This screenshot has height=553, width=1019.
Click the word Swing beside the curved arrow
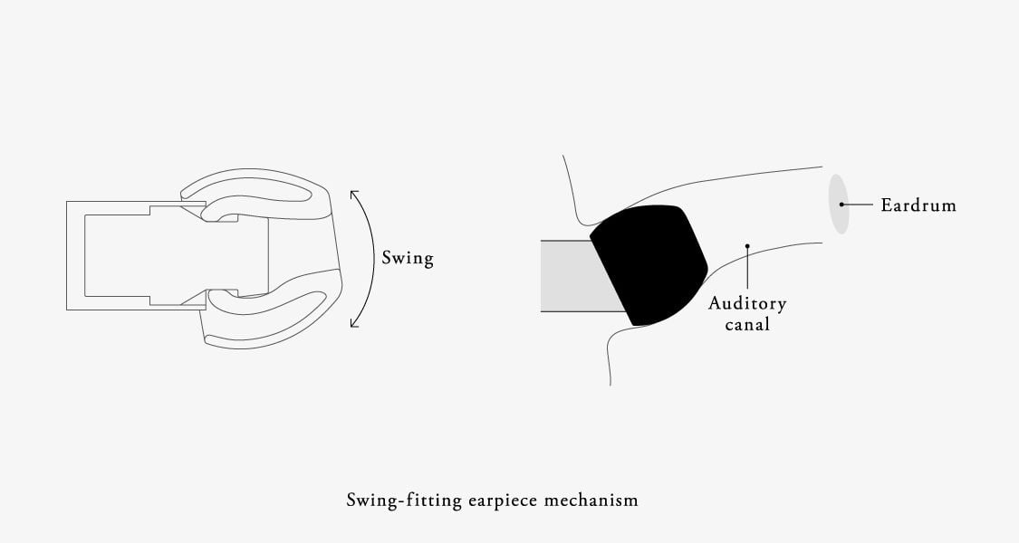tap(407, 259)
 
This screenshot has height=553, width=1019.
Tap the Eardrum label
tap(918, 205)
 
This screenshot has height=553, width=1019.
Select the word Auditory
tap(747, 304)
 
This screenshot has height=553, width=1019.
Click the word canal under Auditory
tap(747, 324)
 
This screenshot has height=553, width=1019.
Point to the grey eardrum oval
tap(840, 204)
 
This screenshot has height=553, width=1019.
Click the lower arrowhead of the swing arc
tap(354, 322)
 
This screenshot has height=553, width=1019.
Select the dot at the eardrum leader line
tap(841, 205)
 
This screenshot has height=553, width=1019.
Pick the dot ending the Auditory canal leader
tap(746, 245)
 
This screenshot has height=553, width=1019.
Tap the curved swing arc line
tap(375, 258)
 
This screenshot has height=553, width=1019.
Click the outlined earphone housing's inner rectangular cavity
tap(118, 254)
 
